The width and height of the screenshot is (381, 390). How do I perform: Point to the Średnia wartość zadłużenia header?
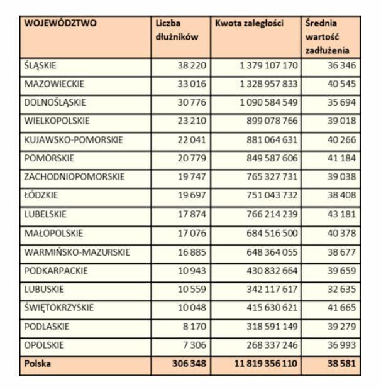(327, 37)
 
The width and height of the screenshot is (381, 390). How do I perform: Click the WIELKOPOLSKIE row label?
(57, 121)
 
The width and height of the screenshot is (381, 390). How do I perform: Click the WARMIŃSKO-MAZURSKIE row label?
(76, 252)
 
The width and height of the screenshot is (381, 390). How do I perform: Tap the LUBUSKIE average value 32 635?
(343, 290)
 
